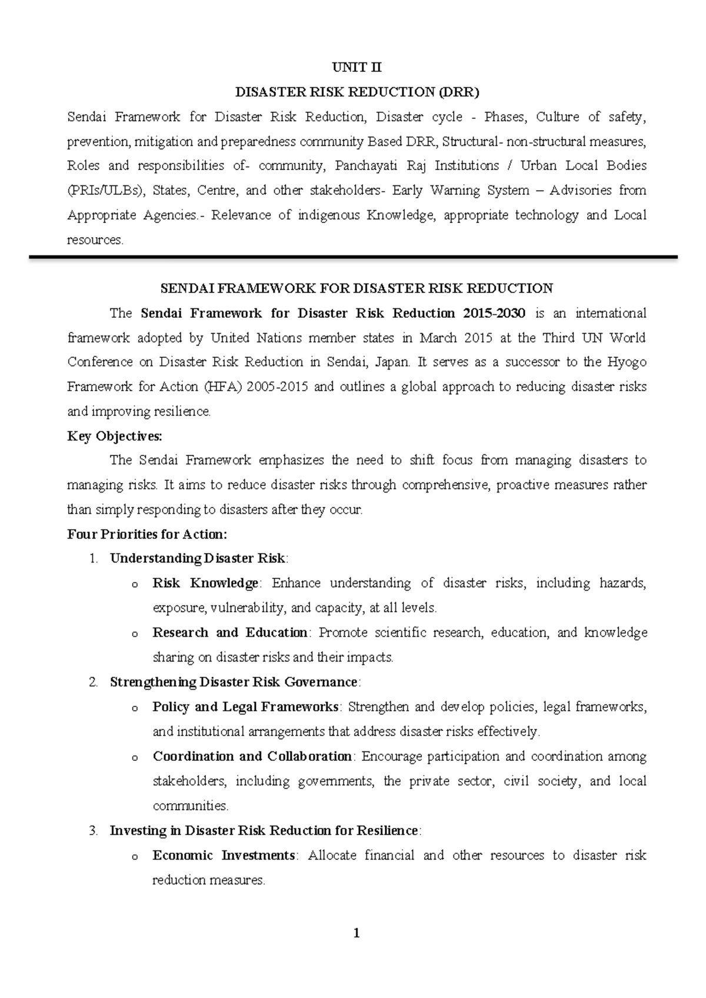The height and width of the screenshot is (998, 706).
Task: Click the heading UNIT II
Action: pyautogui.click(x=357, y=67)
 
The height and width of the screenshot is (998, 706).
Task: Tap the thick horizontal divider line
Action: pyautogui.click(x=353, y=257)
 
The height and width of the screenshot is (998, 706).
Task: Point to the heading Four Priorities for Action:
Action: pyautogui.click(x=147, y=534)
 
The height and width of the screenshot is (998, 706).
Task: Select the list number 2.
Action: pyautogui.click(x=93, y=682)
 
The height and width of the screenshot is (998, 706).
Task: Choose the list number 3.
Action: pyautogui.click(x=93, y=830)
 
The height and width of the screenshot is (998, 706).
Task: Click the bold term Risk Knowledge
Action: pyautogui.click(x=205, y=583)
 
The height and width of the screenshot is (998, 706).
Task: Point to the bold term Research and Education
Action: pyautogui.click(x=230, y=633)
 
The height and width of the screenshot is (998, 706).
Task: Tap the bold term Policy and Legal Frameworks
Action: pyautogui.click(x=245, y=707)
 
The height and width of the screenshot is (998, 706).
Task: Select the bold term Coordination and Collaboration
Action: pyautogui.click(x=252, y=756)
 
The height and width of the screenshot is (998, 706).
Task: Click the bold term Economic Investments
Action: pyautogui.click(x=224, y=855)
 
